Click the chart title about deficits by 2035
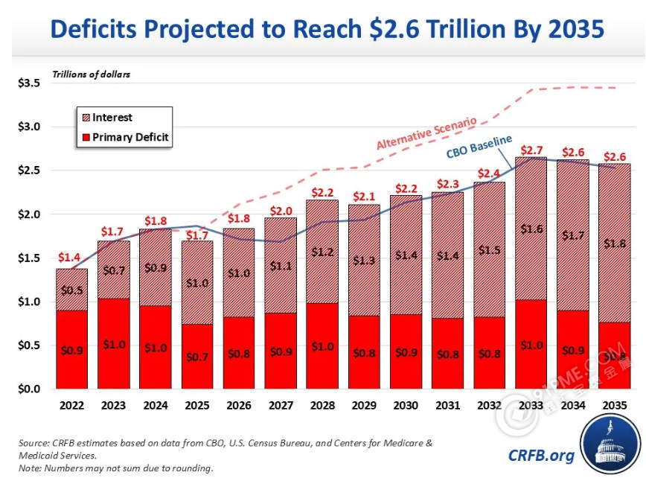(x=322, y=30)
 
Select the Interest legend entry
(x=112, y=118)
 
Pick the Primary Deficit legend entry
(x=130, y=137)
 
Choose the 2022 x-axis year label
(x=71, y=407)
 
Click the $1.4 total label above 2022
(x=71, y=258)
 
